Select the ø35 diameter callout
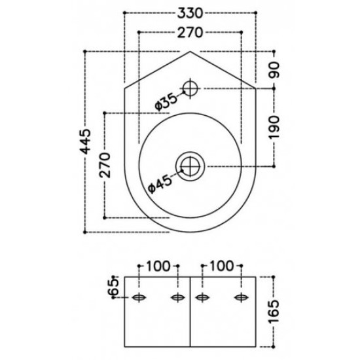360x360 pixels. tap(166, 99)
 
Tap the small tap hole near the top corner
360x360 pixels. tap(190, 88)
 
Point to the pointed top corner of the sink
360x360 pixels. tap(190, 51)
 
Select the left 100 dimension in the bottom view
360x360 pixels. tap(158, 266)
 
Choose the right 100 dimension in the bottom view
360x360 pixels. tap(223, 266)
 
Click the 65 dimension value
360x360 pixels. tap(113, 286)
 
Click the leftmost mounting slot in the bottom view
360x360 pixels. tap(139, 298)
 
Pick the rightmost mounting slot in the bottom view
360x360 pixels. tap(242, 298)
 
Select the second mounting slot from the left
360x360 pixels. tap(176, 298)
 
